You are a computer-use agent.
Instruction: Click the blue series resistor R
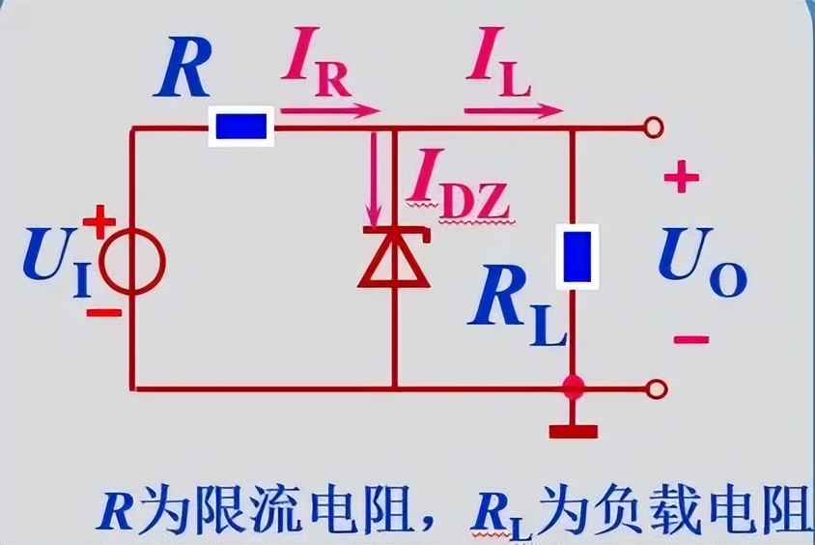click(x=241, y=128)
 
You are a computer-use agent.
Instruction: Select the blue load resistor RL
click(x=577, y=257)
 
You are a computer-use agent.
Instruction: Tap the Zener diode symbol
click(x=393, y=260)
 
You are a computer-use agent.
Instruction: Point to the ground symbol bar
click(x=574, y=430)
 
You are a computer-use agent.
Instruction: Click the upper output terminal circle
click(x=656, y=127)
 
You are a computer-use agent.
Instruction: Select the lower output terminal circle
click(x=656, y=389)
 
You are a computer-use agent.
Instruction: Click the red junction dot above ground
click(x=574, y=388)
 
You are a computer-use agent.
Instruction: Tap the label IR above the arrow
click(x=316, y=68)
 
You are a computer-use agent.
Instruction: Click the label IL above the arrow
click(x=499, y=68)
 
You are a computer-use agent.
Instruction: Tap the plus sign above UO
click(x=681, y=179)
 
